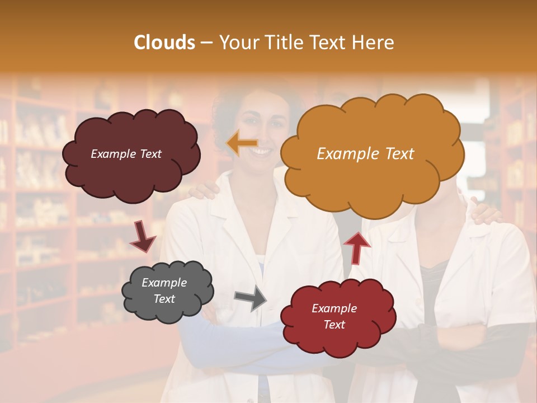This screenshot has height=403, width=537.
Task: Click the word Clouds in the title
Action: [x=164, y=43]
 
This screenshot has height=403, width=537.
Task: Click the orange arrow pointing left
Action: [x=242, y=144]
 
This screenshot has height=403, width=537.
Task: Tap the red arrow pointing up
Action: [x=357, y=247]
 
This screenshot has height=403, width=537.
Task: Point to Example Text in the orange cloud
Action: [x=365, y=154]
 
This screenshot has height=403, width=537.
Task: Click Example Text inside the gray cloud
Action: [x=164, y=291]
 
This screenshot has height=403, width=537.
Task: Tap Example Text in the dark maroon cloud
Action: [x=126, y=154]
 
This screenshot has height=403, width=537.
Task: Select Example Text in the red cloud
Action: [x=334, y=316]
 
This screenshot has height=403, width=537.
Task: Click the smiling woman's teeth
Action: [x=260, y=150]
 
